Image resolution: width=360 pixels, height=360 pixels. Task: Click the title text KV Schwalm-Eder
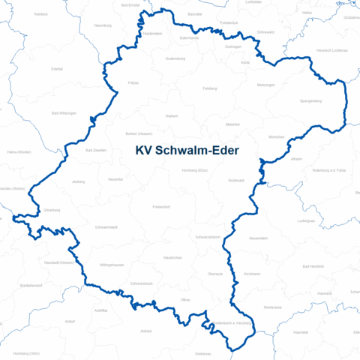(x=187, y=151)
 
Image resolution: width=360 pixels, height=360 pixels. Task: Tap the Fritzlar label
(x=133, y=82)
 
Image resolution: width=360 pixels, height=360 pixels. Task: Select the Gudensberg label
(x=175, y=58)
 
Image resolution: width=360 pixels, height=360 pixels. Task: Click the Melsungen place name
(x=265, y=85)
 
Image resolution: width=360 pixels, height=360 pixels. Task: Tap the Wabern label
(x=172, y=115)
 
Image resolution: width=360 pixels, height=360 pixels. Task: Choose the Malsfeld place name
(x=232, y=124)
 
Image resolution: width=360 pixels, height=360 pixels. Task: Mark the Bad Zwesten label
(x=96, y=150)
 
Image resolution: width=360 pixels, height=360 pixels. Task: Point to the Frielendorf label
(x=162, y=206)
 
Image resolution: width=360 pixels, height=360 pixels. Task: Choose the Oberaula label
(x=215, y=274)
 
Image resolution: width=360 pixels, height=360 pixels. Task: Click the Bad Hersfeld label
(x=310, y=266)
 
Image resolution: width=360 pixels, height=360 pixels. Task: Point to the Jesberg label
(x=78, y=181)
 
